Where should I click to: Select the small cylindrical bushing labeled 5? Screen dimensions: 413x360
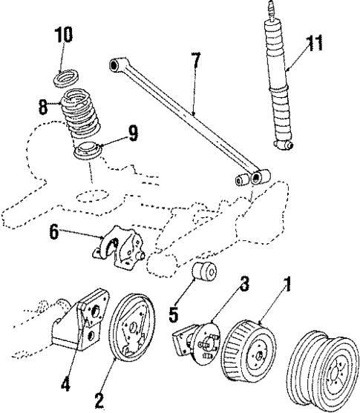(x=202, y=272)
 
